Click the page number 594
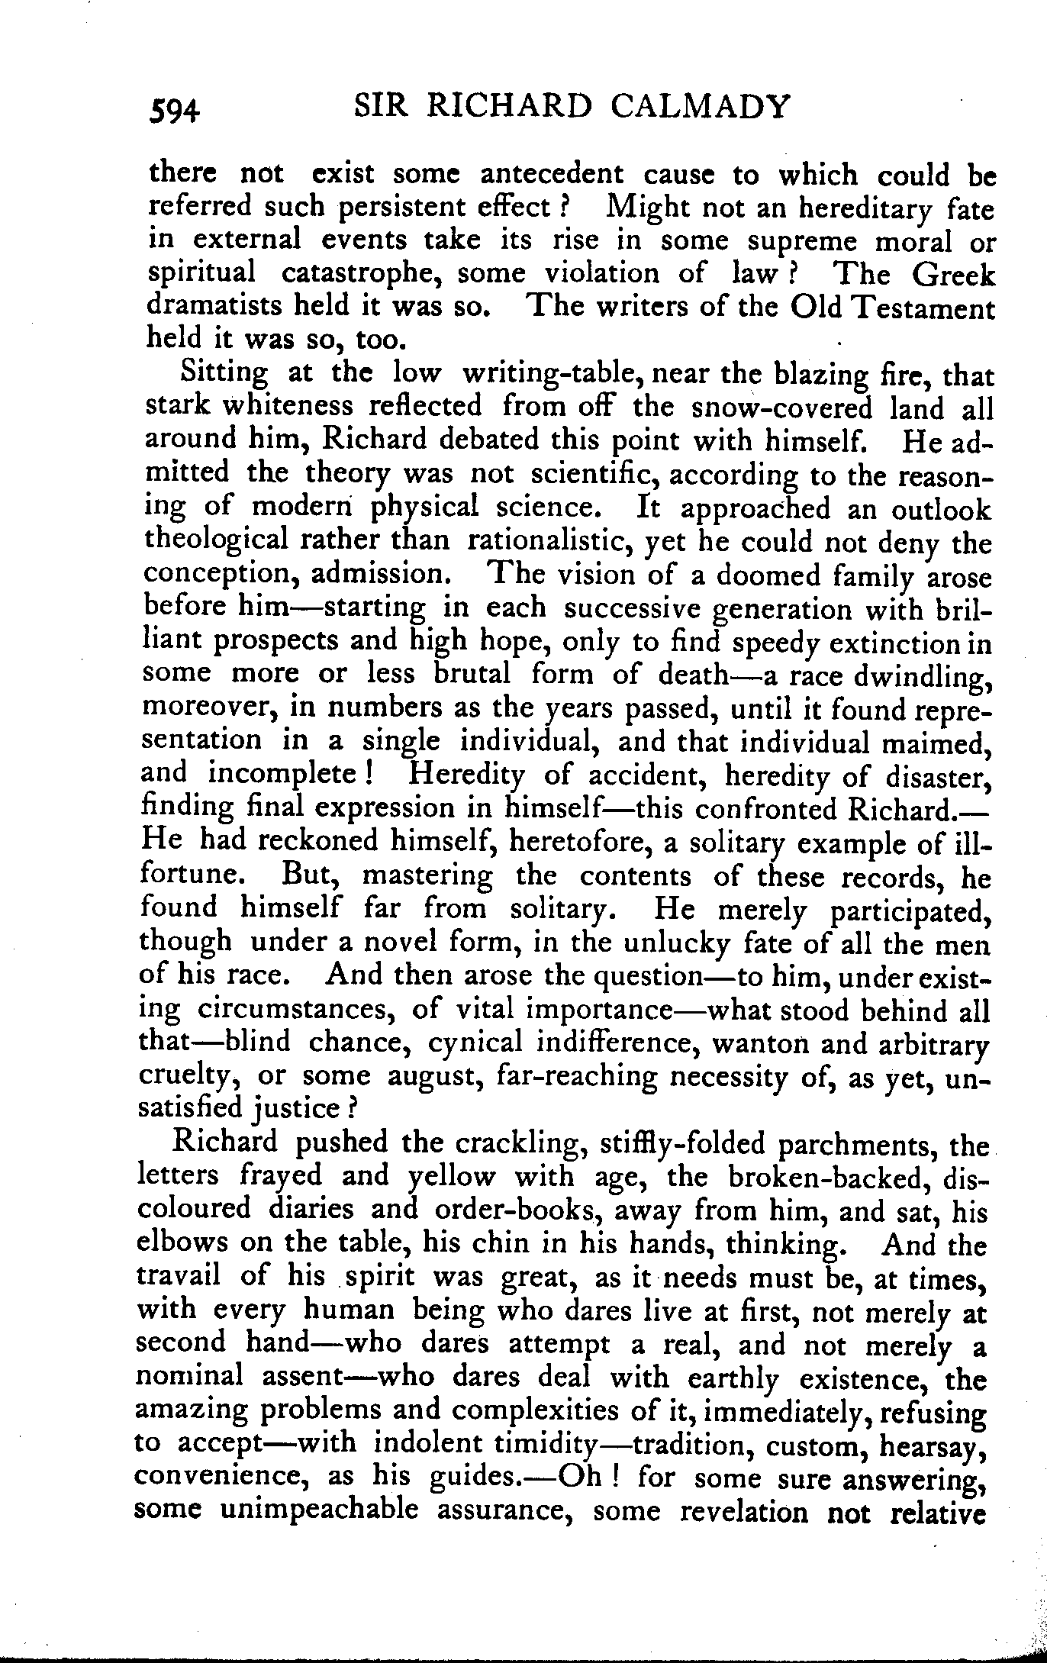tap(175, 111)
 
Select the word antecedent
tap(552, 175)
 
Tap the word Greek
tap(954, 275)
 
